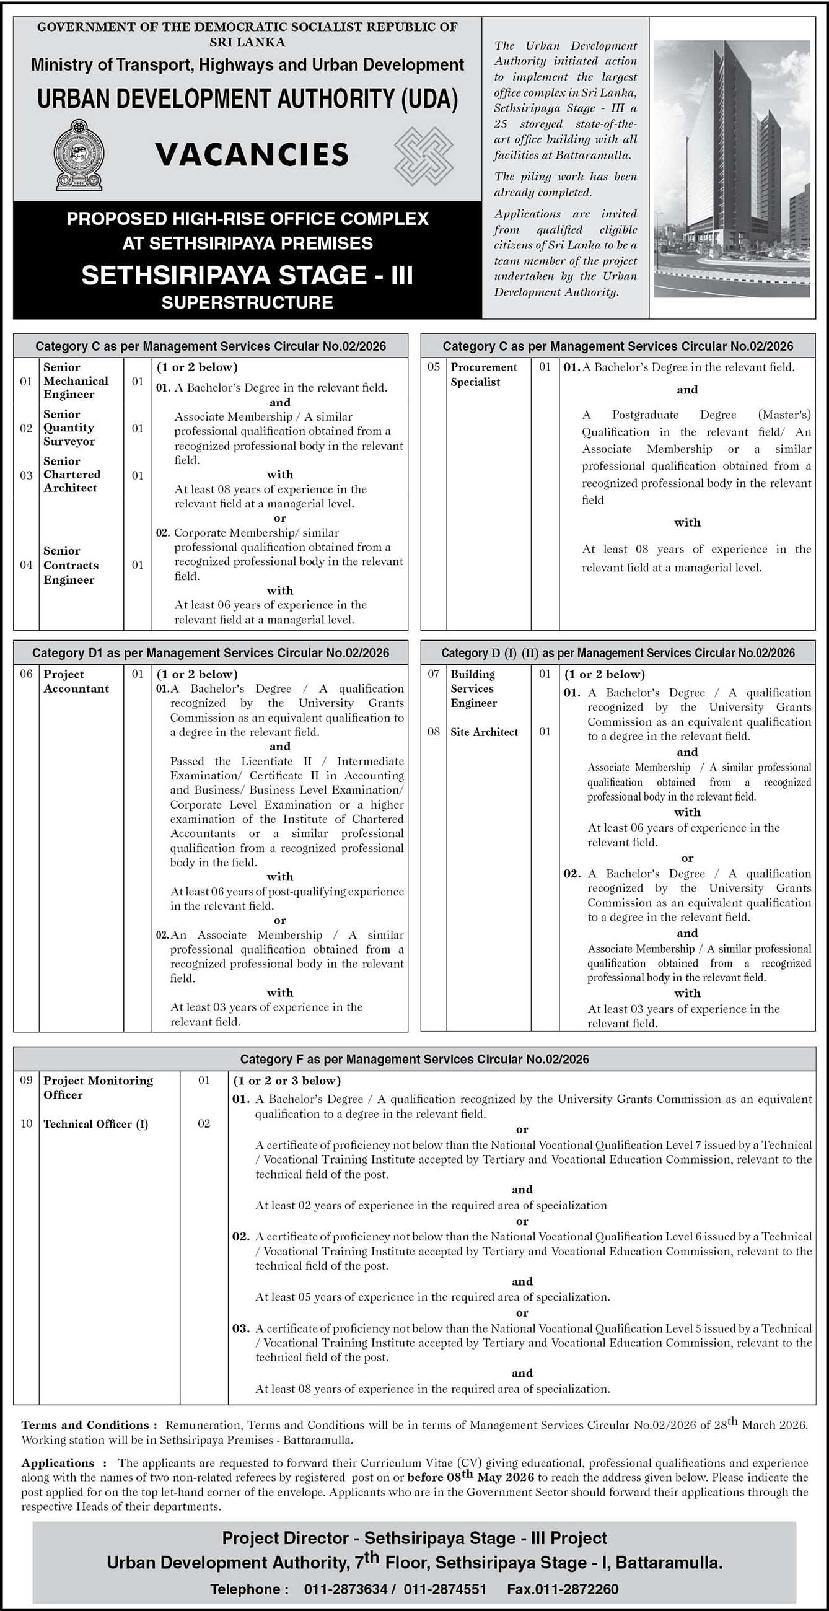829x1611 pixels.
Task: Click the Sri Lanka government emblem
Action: tap(78, 155)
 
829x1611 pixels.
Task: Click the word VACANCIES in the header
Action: tap(252, 154)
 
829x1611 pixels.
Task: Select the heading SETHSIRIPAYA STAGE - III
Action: tap(247, 275)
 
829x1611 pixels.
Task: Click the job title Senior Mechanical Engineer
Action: tap(75, 380)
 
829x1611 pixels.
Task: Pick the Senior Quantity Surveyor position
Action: tap(69, 428)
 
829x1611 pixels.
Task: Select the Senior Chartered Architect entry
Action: tap(71, 475)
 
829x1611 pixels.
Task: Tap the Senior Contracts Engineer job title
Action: tap(71, 564)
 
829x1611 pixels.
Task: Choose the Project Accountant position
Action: tap(76, 681)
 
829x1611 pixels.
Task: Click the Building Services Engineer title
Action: tap(473, 688)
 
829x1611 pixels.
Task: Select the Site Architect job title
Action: tap(484, 732)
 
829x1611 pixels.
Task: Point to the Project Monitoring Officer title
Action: tap(97, 1087)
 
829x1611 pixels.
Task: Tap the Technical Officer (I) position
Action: tap(95, 1124)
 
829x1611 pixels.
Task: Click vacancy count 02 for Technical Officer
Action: tap(204, 1124)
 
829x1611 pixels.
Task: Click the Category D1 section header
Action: tap(211, 653)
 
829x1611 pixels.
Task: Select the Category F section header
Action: tap(415, 1059)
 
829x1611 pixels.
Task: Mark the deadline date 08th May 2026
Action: tap(470, 1477)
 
